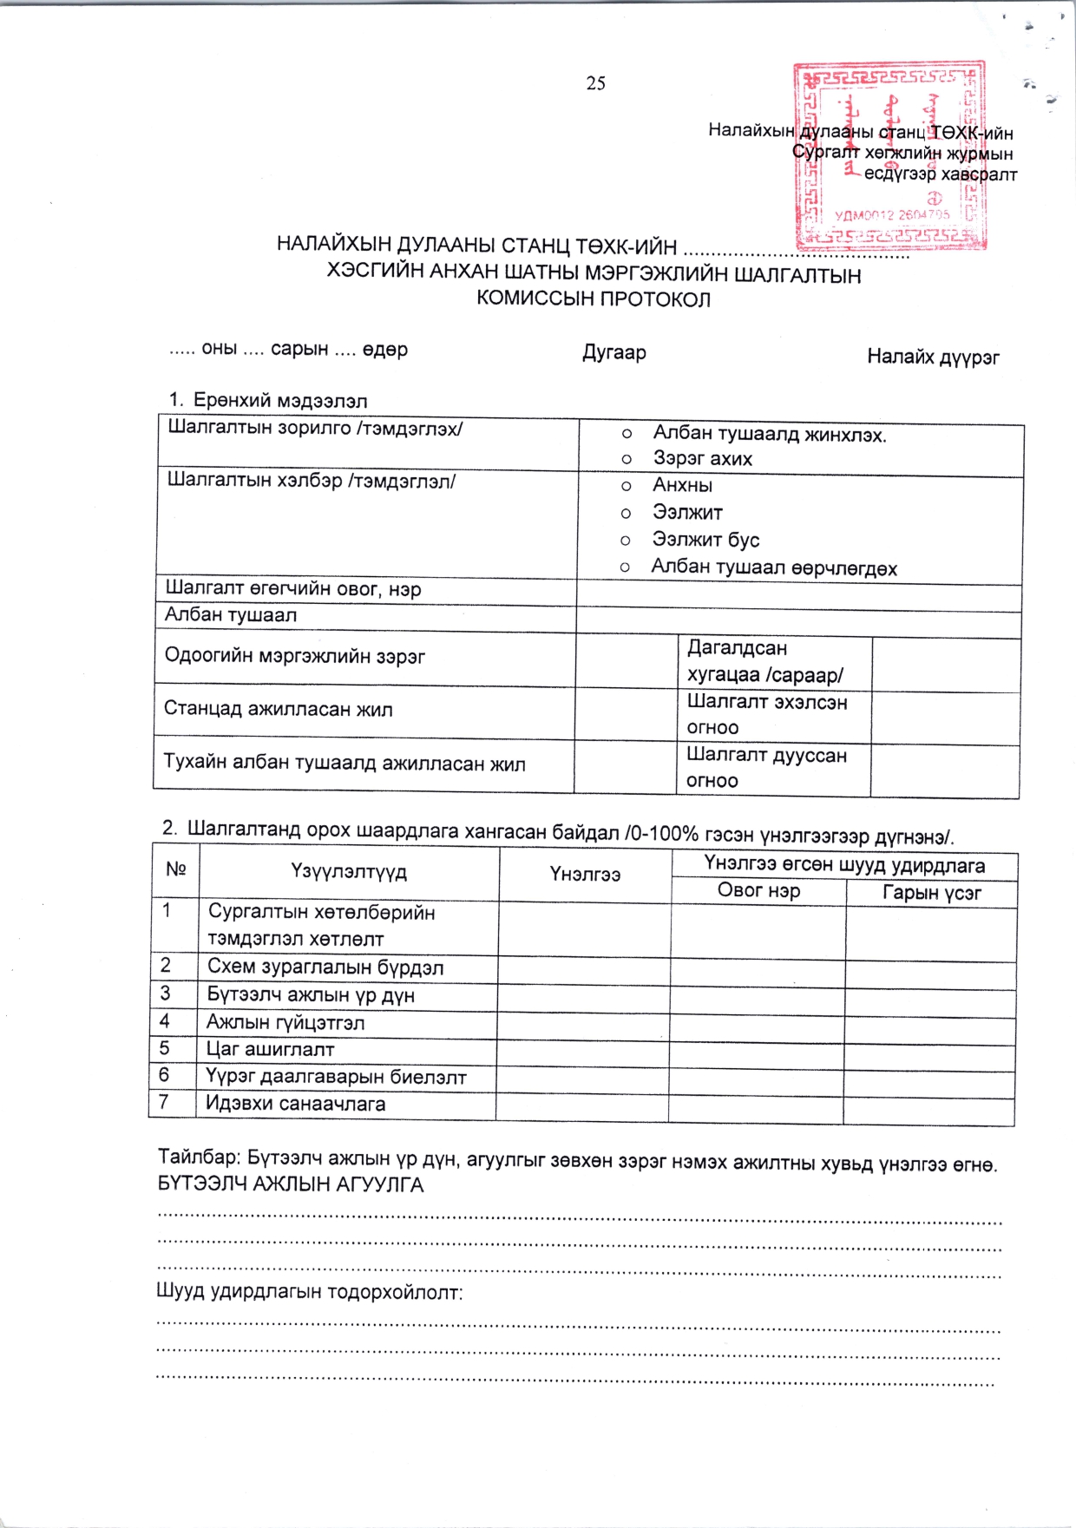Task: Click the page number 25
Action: click(595, 83)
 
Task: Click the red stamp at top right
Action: click(890, 156)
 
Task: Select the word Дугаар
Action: click(614, 352)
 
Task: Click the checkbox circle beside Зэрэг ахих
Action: click(627, 459)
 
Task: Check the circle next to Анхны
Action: click(626, 486)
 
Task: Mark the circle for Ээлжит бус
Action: click(625, 541)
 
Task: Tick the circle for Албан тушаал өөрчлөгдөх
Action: click(624, 568)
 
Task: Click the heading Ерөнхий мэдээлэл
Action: click(279, 401)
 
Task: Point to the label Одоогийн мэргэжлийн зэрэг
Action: click(295, 656)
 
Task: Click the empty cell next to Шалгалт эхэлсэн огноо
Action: click(944, 717)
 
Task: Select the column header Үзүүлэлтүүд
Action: click(349, 871)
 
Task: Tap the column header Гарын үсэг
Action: click(931, 894)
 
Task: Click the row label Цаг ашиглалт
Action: click(270, 1049)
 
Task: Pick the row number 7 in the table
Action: click(163, 1102)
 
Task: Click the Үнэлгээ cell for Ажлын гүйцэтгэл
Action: click(583, 1023)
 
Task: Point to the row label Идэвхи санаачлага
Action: click(295, 1104)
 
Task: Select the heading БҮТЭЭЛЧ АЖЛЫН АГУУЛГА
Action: click(291, 1184)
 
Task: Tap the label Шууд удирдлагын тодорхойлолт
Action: click(310, 1292)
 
